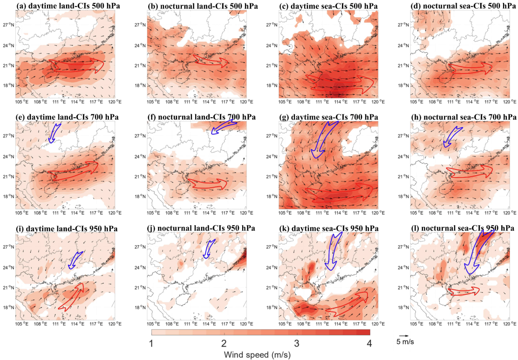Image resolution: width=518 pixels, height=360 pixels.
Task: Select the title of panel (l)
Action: coord(460,228)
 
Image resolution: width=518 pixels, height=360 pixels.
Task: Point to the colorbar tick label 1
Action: coord(151,343)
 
